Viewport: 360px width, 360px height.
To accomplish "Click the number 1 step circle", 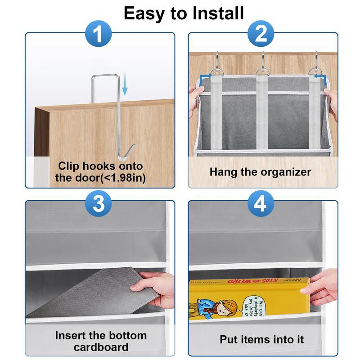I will pos(99,34).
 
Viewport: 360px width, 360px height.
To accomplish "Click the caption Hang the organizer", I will pos(260,171).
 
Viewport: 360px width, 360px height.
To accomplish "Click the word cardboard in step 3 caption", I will pos(101,347).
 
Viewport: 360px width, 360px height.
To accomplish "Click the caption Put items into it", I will pos(261,339).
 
